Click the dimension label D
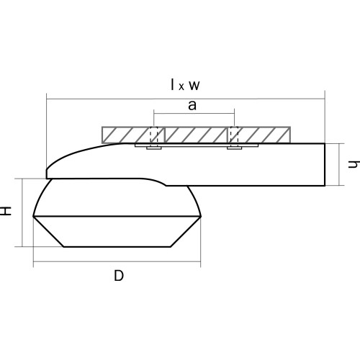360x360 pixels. coord(119,276)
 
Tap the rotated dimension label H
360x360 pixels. coord(6,211)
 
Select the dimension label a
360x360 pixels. coord(192,105)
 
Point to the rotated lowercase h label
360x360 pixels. coord(354,164)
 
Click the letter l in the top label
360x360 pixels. coord(172,84)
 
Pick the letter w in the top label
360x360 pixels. coord(194,86)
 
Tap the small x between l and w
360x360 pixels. coord(181,87)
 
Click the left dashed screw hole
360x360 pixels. coord(154,135)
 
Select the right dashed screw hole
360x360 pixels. coord(234,135)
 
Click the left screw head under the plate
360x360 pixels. coord(154,148)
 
